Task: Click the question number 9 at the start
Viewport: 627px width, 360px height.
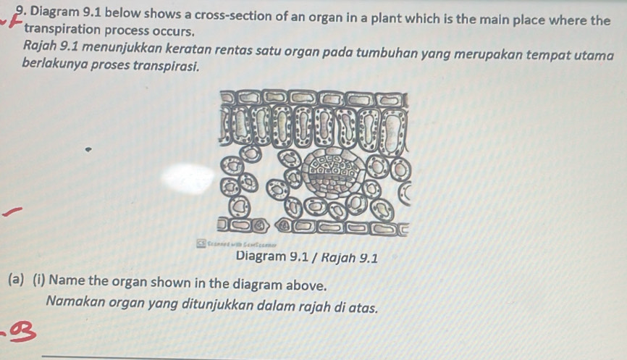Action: coord(19,14)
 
